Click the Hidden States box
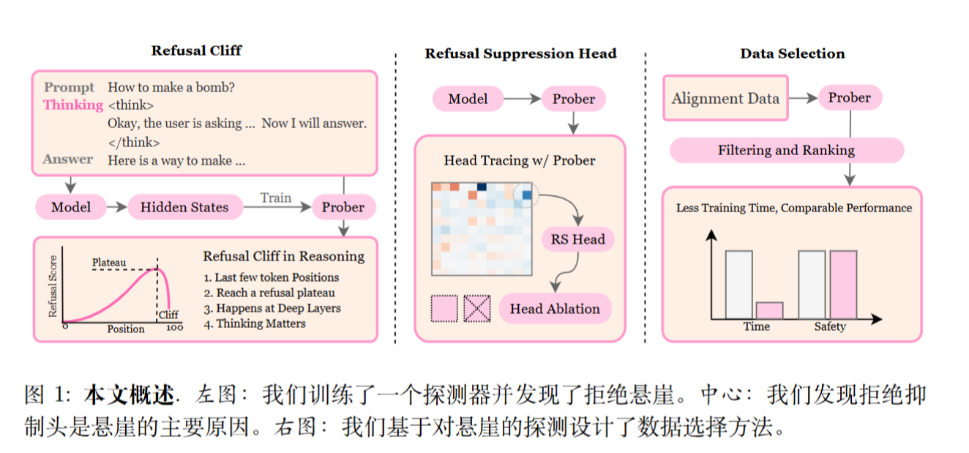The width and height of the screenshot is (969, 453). [x=184, y=207]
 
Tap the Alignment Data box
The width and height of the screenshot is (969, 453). [x=725, y=98]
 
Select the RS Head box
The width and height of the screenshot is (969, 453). [x=577, y=239]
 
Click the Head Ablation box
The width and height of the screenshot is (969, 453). [x=554, y=308]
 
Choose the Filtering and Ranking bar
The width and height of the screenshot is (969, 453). [x=786, y=150]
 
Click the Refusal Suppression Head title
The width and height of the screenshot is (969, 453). [x=520, y=53]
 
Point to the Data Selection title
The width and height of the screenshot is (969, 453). [x=792, y=53]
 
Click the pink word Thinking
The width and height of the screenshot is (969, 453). [x=72, y=105]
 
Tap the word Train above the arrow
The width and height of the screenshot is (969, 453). [x=275, y=198]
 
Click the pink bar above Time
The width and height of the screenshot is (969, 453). [x=769, y=310]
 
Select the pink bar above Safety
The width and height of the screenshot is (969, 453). [x=843, y=285]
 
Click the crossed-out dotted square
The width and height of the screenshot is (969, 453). [x=477, y=308]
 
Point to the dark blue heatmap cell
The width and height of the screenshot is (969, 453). [x=482, y=187]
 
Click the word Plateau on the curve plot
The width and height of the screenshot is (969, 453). [x=109, y=262]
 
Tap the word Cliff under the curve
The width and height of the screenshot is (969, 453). [x=168, y=315]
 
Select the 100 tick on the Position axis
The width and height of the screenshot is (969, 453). [x=174, y=329]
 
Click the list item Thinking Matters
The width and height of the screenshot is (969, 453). [x=255, y=323]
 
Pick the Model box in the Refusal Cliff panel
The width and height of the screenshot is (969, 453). [x=71, y=207]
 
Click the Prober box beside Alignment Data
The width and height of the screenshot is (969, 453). [x=849, y=98]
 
